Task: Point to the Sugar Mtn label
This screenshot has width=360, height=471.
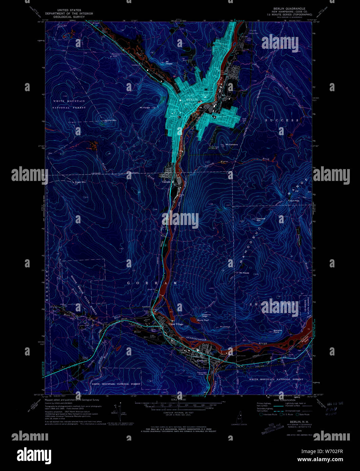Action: pos(80,182)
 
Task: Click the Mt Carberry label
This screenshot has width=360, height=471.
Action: pos(232,144)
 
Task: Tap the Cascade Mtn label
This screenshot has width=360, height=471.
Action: pos(261,219)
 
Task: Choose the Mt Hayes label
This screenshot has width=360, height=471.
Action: pos(244,273)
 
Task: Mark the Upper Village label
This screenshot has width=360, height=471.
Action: pos(176,324)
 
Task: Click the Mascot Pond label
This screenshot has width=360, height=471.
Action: pos(203,320)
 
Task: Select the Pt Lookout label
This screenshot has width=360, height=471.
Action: pos(225,326)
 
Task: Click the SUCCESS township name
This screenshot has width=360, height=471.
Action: pos(282,120)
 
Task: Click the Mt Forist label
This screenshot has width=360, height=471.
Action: pos(145,108)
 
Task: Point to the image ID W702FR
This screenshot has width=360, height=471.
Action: pos(333,451)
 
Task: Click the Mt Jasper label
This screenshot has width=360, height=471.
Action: pos(169,63)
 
